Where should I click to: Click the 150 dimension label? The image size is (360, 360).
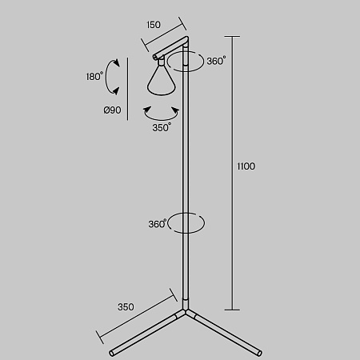coord(154,25)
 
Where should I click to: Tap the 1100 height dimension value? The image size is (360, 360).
coord(246,166)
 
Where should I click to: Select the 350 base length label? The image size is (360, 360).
coord(126,307)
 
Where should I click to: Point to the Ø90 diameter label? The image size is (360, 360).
coord(112,110)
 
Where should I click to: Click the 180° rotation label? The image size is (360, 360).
coord(94,77)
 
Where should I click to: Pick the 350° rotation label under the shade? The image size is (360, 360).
coord(162,127)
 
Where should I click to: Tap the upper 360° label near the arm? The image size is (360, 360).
coord(216,61)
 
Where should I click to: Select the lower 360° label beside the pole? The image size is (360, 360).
coord(158,224)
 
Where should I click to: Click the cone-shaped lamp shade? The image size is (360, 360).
coord(162,80)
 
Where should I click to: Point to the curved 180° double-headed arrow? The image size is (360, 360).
coord(106,77)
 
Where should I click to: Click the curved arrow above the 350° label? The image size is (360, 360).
coord(161,118)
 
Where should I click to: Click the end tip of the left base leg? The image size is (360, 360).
coord(112,354)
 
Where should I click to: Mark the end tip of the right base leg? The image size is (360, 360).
coord(259,354)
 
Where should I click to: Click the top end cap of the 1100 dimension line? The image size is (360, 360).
coord(232,37)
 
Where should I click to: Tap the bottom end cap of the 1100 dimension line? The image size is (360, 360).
coord(232,310)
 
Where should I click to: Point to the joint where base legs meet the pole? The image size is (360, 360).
coord(186,311)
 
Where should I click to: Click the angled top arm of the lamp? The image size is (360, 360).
coord(170,47)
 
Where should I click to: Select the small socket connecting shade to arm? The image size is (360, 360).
coord(161,61)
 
